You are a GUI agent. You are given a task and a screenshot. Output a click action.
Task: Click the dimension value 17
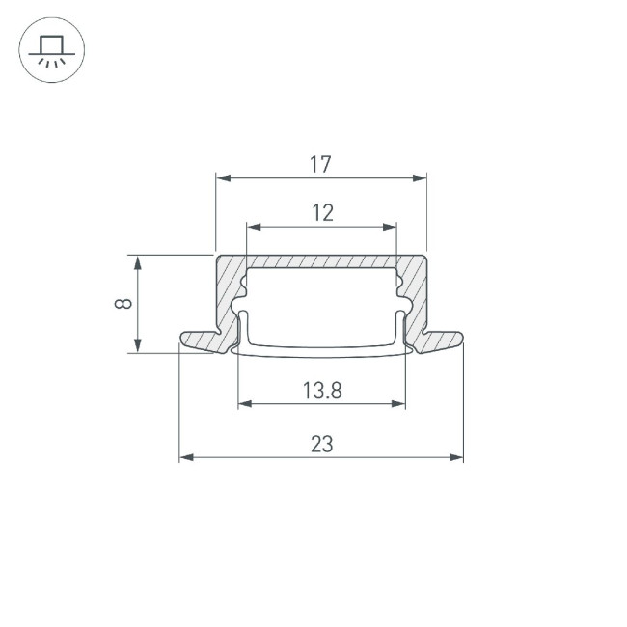[321, 165]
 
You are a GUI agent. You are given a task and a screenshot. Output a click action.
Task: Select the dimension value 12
[322, 213]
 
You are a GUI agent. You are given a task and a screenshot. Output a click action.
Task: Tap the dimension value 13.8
[322, 391]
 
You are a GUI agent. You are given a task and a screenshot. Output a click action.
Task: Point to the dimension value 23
[322, 445]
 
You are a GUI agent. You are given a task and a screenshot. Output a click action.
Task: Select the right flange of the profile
[440, 341]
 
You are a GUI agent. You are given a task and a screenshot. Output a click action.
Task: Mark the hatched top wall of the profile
[321, 261]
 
